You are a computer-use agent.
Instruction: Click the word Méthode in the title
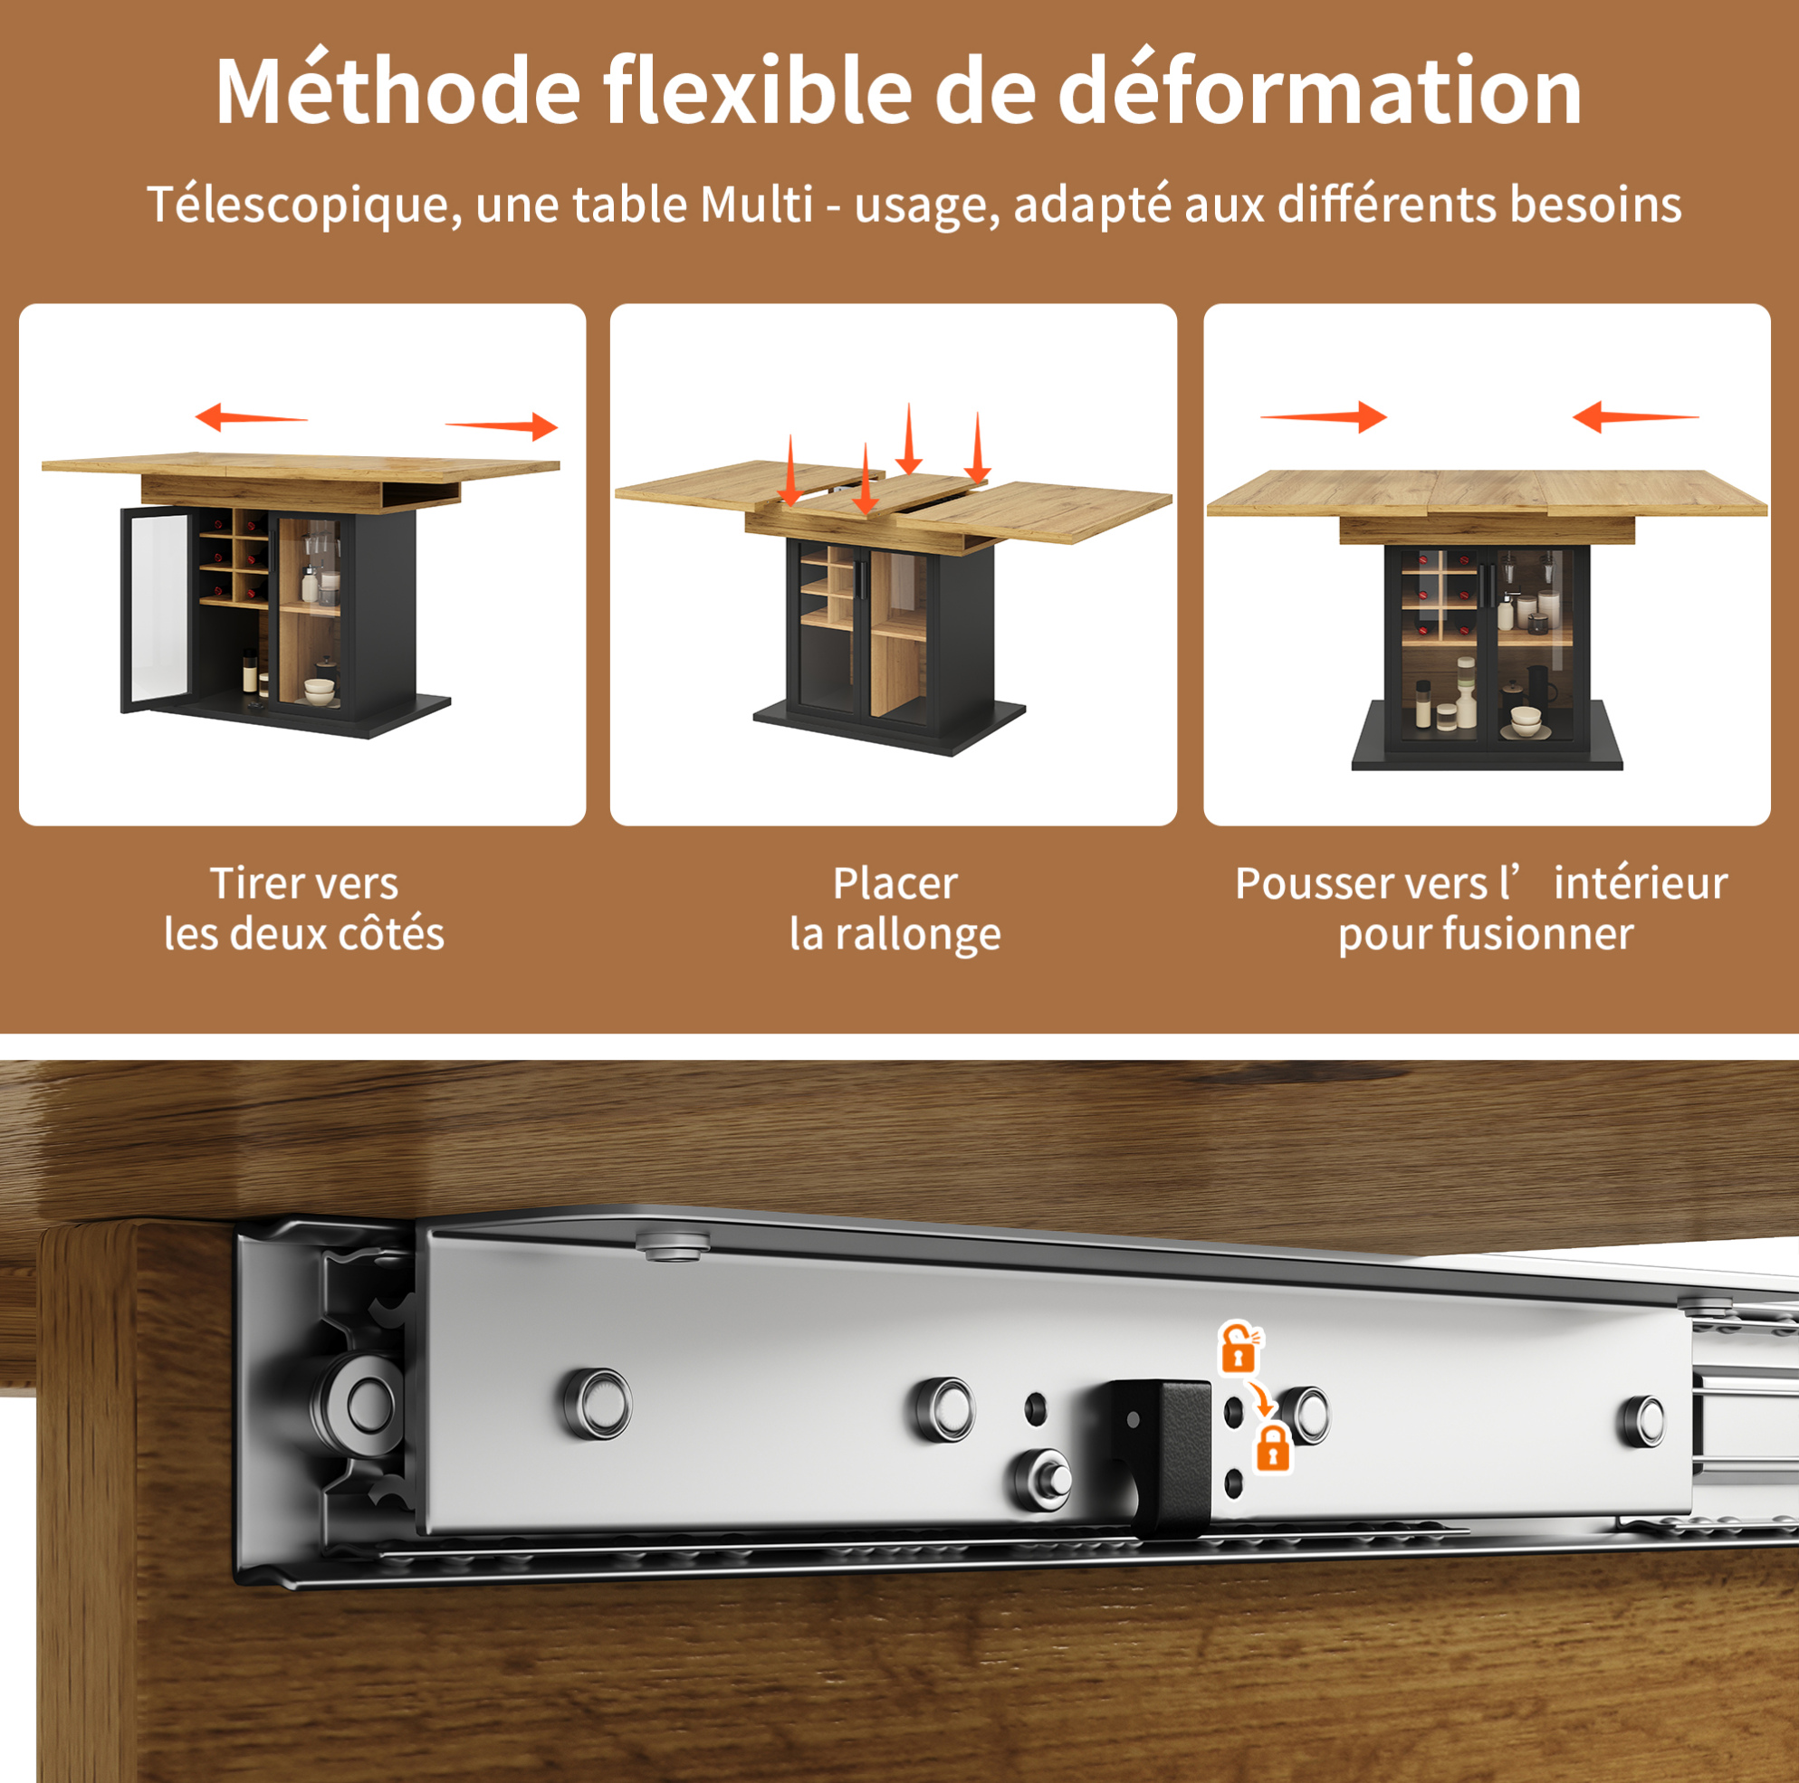coord(398,91)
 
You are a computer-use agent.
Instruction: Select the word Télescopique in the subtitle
coord(303,205)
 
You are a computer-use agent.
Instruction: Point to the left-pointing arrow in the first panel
coord(251,417)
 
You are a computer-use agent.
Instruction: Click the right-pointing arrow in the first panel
coord(502,426)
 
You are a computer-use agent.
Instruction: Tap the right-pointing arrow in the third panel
coord(1323,417)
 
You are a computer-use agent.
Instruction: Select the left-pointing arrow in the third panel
coord(1635,417)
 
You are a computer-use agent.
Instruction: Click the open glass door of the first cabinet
coord(153,610)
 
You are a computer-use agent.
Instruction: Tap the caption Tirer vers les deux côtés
coord(303,908)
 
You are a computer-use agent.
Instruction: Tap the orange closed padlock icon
coord(1272,1449)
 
